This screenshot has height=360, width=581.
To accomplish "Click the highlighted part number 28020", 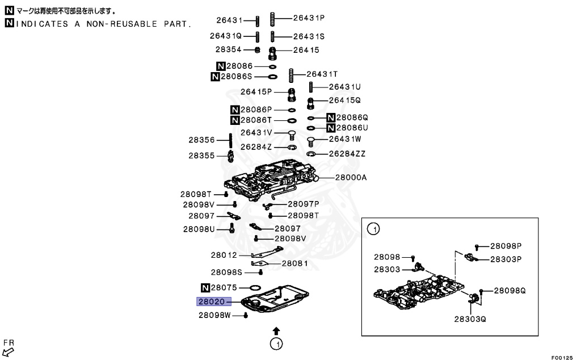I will pos(211,302).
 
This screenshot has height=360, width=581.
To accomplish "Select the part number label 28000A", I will pos(351,178).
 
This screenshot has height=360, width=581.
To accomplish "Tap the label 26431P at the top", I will pos(309,18).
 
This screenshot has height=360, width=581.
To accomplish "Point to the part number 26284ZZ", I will pos(348,154).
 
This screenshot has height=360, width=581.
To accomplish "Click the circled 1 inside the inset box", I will pos(373,229).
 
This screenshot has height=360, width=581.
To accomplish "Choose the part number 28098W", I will pos(214,315).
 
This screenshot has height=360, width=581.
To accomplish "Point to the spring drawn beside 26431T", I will pos(292,74).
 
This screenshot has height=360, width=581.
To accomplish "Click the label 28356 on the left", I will pos(201,140).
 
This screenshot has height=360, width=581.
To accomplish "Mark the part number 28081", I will pos(294,263).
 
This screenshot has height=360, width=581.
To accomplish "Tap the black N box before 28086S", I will pos(215,77).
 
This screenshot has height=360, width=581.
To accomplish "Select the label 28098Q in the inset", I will pos(510,290).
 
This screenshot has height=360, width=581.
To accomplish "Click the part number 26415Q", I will pos(345,100).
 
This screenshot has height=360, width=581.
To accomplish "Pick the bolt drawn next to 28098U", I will pos(232,229).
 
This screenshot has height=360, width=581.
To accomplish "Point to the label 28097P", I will pos(303,203).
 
